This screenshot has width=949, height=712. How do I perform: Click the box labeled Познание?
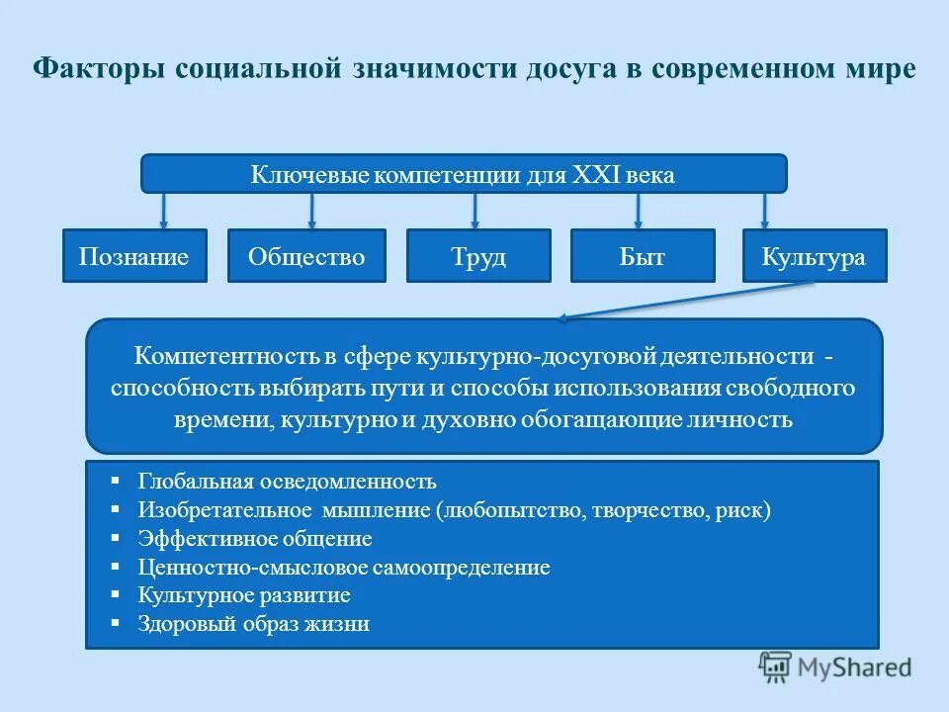(134, 257)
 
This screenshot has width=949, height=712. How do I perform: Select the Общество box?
(306, 257)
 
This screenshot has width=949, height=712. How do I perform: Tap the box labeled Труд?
(478, 257)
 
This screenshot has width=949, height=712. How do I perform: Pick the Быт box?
(643, 257)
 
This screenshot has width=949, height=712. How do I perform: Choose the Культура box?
(814, 257)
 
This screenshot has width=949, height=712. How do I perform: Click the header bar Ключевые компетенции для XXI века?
(464, 174)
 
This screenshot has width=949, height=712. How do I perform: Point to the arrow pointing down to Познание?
(164, 210)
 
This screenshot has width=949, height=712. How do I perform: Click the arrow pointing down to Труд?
(475, 210)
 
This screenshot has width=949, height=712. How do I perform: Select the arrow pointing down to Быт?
(638, 210)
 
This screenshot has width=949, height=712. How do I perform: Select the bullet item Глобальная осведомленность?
(287, 482)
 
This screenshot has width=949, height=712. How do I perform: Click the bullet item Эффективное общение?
(255, 539)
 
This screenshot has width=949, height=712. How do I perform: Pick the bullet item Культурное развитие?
(244, 596)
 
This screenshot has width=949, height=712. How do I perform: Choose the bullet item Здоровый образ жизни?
(254, 625)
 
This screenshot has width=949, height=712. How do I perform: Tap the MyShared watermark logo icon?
(777, 667)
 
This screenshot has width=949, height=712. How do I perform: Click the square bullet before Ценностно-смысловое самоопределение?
(116, 567)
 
